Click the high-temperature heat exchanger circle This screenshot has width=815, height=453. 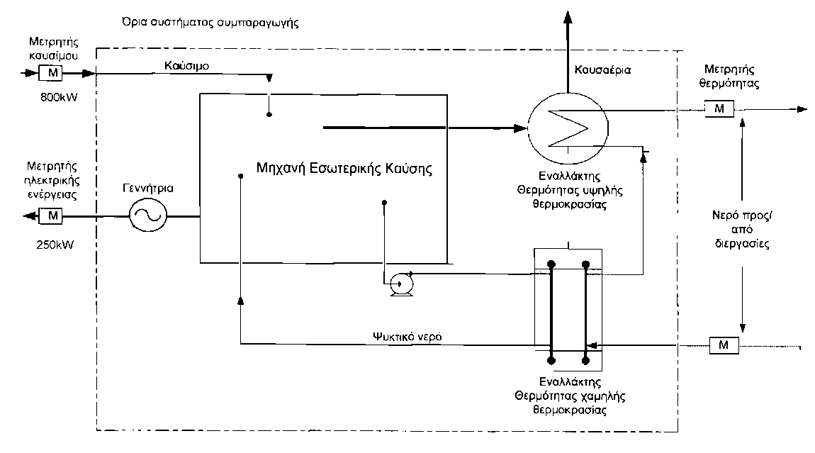point(566,129)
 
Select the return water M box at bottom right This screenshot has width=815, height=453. point(724,345)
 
